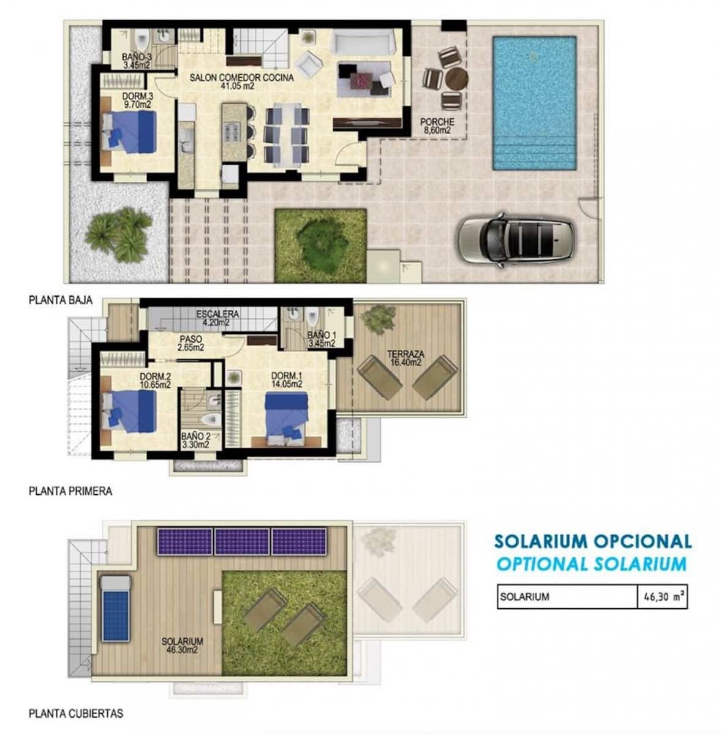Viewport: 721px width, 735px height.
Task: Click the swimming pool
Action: point(535,103)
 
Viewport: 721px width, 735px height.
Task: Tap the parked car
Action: point(516,239)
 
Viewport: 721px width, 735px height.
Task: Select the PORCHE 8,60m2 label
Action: point(437,126)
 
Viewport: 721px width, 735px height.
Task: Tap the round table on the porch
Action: point(456,79)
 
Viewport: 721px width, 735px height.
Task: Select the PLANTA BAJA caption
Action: point(60,300)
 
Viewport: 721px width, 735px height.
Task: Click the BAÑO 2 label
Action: point(195,440)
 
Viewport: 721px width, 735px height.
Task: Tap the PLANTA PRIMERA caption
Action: point(70,491)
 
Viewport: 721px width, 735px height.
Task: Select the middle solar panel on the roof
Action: point(241,541)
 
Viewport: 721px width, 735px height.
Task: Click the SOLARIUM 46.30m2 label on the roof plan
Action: point(182,645)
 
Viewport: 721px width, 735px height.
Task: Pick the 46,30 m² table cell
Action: point(662,596)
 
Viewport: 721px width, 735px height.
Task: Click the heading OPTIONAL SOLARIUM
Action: point(591,563)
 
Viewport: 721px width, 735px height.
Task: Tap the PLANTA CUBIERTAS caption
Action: point(75,714)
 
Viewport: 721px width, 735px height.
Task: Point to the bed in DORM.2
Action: point(132,411)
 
